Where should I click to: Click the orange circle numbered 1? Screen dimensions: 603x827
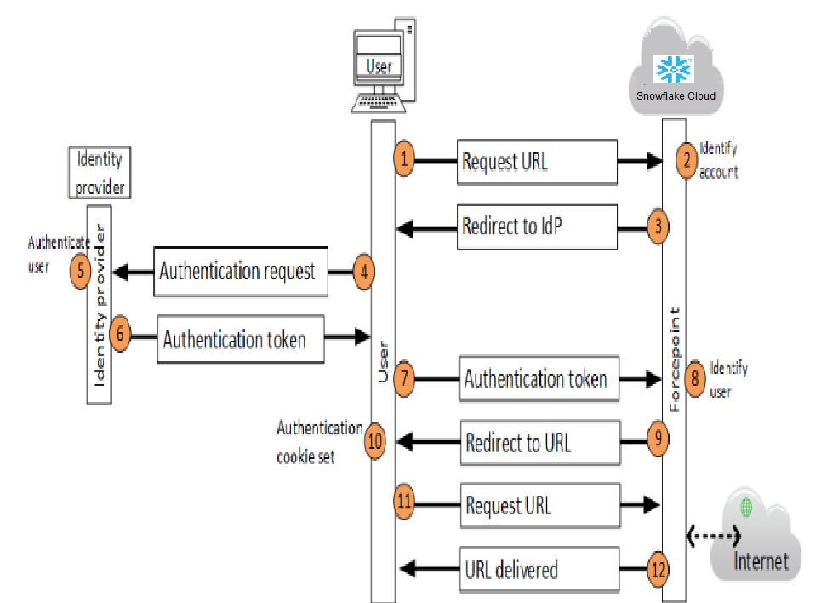(404, 159)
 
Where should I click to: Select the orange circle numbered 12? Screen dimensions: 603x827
(657, 569)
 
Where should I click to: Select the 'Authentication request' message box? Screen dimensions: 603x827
(240, 272)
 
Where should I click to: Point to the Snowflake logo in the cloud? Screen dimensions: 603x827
(673, 69)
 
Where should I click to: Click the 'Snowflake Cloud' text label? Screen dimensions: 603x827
(675, 95)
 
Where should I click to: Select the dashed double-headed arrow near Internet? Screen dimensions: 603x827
(714, 537)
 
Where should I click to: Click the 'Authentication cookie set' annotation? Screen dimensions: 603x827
(319, 442)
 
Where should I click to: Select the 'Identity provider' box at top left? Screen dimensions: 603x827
(99, 172)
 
